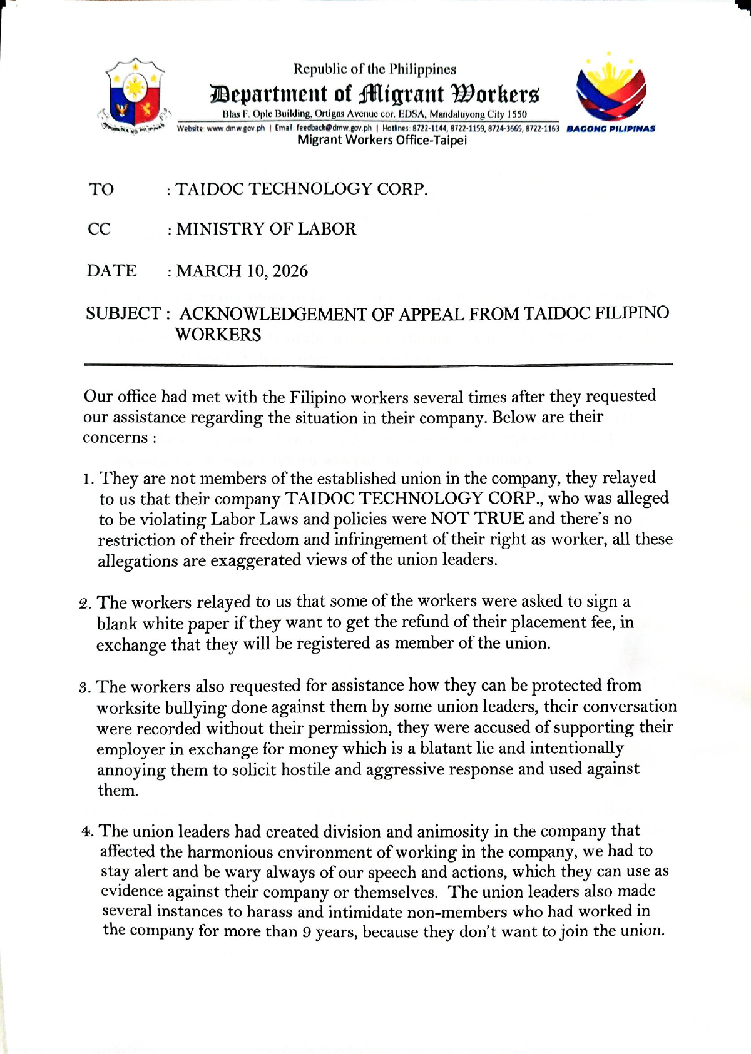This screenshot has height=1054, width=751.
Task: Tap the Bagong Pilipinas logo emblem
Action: (610, 88)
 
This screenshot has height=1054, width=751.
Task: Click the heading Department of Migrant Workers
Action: (374, 94)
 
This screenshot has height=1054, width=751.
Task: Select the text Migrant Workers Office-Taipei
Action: (382, 140)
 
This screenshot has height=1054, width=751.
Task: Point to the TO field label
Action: (101, 190)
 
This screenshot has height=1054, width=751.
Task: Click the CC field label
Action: (100, 229)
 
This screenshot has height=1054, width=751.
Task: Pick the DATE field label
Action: (111, 271)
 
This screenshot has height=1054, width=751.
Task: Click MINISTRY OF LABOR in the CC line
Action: (266, 229)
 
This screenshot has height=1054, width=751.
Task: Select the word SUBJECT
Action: (123, 313)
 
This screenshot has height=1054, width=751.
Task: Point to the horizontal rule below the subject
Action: (378, 364)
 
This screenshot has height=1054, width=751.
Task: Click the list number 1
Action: (87, 480)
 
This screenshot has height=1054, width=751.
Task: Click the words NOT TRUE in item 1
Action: (477, 519)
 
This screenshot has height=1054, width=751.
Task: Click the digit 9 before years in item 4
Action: (307, 932)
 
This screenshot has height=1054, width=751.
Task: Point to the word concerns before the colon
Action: (115, 438)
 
